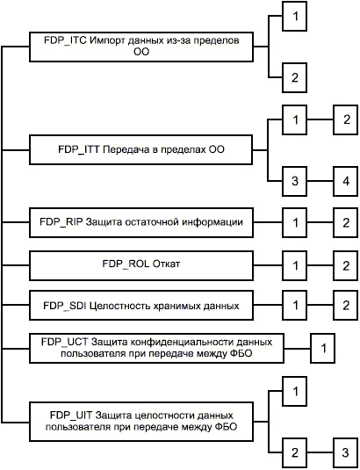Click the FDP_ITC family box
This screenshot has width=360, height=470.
141,47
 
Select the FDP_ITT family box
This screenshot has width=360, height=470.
140,149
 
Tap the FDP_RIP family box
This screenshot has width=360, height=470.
141,222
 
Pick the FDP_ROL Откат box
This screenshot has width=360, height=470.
141,265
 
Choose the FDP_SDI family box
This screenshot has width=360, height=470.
141,305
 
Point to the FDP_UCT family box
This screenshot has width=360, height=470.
156,348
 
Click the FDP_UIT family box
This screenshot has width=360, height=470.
141,422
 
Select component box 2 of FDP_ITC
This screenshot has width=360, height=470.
294,77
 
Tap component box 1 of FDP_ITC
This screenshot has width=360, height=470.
294,16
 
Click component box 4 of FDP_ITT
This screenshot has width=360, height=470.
346,181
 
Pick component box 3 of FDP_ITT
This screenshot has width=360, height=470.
294,181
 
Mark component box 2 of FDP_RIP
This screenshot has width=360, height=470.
346,222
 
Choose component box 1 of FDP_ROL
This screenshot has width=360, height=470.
294,265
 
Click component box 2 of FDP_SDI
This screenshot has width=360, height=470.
346,305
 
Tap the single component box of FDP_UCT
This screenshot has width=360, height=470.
323,348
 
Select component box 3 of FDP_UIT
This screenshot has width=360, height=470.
346,452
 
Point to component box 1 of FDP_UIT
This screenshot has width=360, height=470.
294,391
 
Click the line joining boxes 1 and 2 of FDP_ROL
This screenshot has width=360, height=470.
320,265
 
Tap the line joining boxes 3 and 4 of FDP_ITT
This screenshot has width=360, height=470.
320,181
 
